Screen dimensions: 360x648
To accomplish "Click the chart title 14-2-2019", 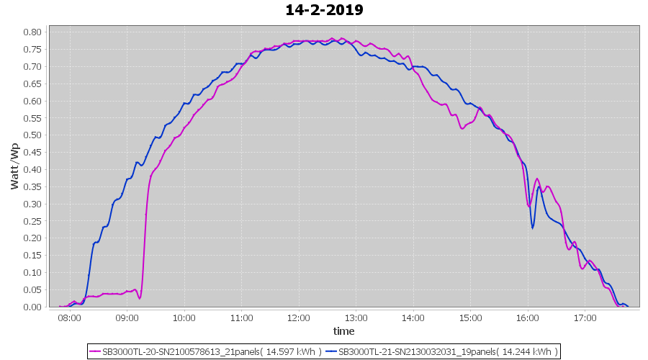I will pyautogui.click(x=324, y=10).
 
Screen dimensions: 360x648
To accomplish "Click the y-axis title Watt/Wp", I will pyautogui.click(x=14, y=166).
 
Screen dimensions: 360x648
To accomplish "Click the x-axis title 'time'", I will pyautogui.click(x=343, y=331).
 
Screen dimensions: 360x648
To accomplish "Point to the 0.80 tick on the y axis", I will pyautogui.click(x=31, y=32).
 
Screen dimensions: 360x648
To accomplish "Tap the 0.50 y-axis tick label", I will pyautogui.click(x=31, y=135).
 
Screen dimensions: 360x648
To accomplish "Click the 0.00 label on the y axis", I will pyautogui.click(x=31, y=307).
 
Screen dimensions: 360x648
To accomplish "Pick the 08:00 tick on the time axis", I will pyautogui.click(x=70, y=318).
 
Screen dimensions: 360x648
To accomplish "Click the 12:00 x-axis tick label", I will pyautogui.click(x=299, y=318).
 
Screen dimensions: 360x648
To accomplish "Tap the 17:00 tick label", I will pyautogui.click(x=585, y=318).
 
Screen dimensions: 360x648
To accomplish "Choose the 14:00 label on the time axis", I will pyautogui.click(x=413, y=318).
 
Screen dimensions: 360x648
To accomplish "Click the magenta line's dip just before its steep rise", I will pyautogui.click(x=140, y=297).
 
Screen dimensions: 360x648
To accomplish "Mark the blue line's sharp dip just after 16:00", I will pyautogui.click(x=533, y=228).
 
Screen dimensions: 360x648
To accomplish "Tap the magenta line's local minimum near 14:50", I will pyautogui.click(x=462, y=129).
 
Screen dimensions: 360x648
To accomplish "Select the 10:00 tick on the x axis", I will pyautogui.click(x=184, y=318).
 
